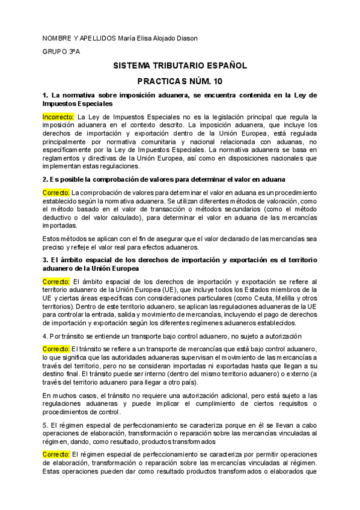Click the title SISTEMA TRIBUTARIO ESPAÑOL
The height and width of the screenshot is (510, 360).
point(180,66)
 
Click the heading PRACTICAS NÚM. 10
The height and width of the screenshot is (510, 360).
point(180,81)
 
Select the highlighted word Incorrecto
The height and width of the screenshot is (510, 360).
point(58,116)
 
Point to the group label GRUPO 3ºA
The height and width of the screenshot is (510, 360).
point(61,52)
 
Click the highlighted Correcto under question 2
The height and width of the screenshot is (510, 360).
point(56,192)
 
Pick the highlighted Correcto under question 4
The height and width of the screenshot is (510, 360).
point(56,349)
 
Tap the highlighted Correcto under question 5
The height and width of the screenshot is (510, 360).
point(56,454)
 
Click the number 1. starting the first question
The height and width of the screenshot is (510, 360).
point(45,95)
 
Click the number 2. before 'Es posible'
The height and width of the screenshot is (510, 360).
point(45,179)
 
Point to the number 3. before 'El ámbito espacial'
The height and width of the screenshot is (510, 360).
point(45,260)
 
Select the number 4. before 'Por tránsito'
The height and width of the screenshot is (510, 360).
point(45,336)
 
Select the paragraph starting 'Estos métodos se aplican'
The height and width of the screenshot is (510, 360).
point(180,242)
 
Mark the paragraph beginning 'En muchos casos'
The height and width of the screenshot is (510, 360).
point(180,403)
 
